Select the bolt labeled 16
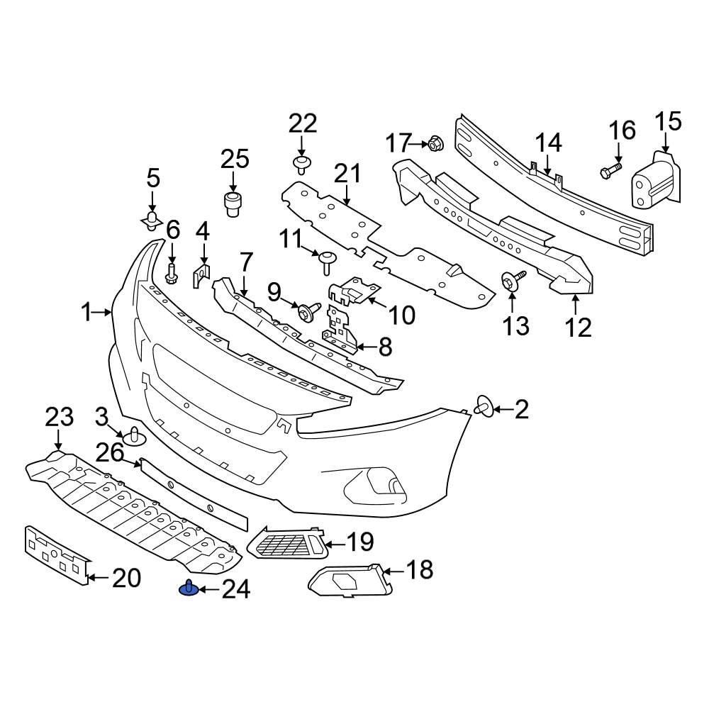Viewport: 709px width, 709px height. [x=610, y=170]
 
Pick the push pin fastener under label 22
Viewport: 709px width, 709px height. [x=303, y=165]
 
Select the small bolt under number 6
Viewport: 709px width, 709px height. [x=172, y=272]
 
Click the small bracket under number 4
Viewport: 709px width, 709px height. [x=201, y=275]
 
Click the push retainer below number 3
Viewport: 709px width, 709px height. [x=135, y=436]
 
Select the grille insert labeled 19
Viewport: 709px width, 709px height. [x=287, y=544]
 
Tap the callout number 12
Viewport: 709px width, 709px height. [x=579, y=328]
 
